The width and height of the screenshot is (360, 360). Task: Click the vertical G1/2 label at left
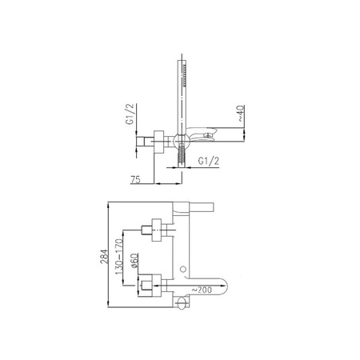point(130,114)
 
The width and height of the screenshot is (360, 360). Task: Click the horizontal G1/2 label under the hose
point(209,161)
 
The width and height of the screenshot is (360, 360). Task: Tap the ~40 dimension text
point(240,114)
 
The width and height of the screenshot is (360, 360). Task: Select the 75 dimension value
point(135,179)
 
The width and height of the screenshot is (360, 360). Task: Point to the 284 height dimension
point(104,256)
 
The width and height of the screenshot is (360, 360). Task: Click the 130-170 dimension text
point(119,257)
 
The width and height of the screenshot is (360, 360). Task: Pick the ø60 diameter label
point(134,261)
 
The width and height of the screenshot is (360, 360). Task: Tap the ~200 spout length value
point(202,290)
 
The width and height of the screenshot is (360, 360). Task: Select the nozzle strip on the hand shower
point(184,75)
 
